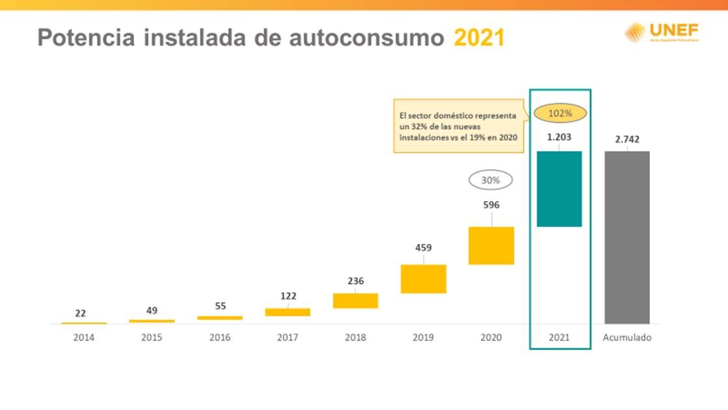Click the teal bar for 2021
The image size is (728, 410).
tap(559, 189)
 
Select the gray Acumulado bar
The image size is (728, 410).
tap(627, 238)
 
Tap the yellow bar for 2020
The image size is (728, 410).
tap(491, 245)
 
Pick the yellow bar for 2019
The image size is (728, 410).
tap(423, 279)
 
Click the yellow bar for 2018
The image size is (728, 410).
tap(356, 301)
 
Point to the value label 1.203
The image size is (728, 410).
tap(559, 137)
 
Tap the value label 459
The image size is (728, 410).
tap(423, 248)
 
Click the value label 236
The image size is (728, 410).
tap(356, 281)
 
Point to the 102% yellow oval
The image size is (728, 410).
tap(560, 113)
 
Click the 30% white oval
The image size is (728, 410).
tap(491, 180)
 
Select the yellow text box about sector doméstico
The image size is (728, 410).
tap(458, 126)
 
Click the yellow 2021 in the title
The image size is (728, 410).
tap(479, 38)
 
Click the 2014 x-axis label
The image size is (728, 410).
tap(84, 338)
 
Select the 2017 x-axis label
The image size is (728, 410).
tap(288, 338)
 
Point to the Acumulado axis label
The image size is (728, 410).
tap(627, 338)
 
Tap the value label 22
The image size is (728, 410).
tap(81, 313)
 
